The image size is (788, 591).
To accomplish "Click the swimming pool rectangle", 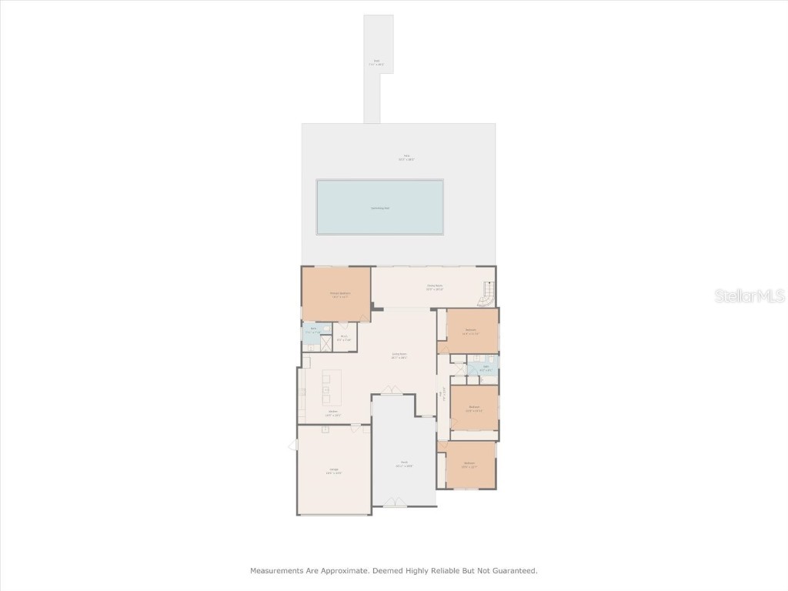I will point(380,207).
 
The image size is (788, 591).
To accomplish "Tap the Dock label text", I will point(377,62).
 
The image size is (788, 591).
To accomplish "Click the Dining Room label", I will point(435,288).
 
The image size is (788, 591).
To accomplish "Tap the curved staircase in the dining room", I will point(487,292).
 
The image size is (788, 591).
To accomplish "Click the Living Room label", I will point(399,356).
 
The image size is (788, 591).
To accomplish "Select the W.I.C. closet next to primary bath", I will point(345,337).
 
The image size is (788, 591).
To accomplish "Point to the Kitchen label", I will point(333,413).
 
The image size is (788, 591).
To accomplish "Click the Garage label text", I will point(334,470).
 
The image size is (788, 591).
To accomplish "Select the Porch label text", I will point(404,464).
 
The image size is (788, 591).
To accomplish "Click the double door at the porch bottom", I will point(396,503).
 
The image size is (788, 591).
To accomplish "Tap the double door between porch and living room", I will point(392,393).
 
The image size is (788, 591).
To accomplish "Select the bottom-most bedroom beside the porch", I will point(469,464).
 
